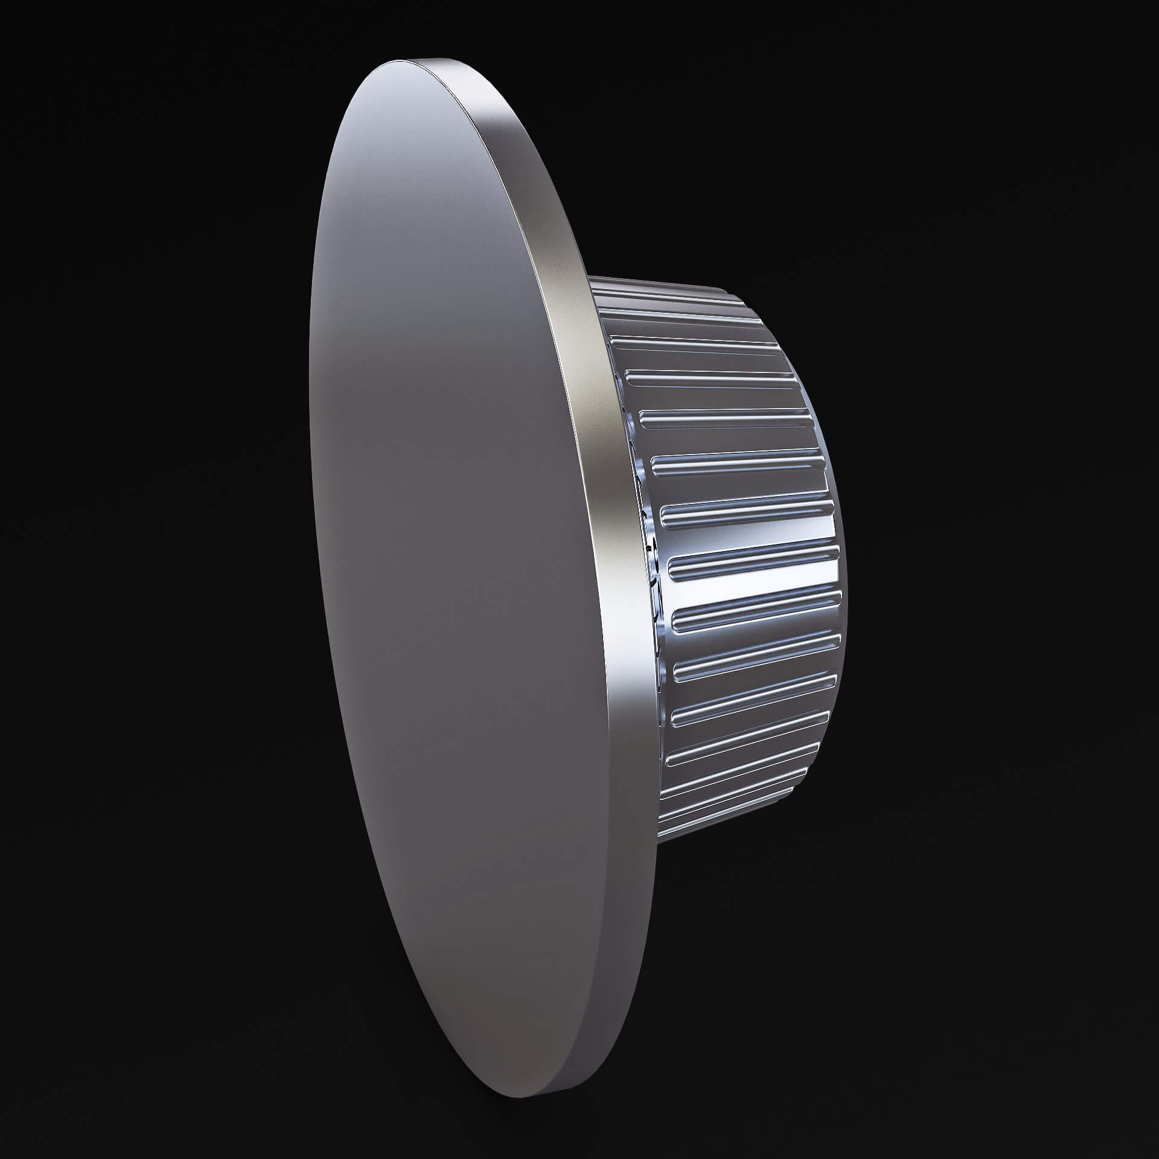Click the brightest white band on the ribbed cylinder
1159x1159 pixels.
tap(755, 589)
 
